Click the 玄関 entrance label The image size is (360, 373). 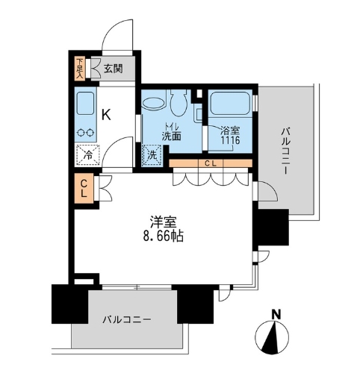[x=112, y=69]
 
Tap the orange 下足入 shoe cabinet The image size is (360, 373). [x=81, y=68]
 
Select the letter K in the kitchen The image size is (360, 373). [x=106, y=115]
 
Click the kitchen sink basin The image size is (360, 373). [x=85, y=103]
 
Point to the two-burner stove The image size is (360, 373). [x=85, y=132]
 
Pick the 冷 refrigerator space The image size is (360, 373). [x=86, y=156]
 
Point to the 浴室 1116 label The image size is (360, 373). [x=229, y=136]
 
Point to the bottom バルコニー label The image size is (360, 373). [x=127, y=319]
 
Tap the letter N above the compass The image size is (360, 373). [x=276, y=313]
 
